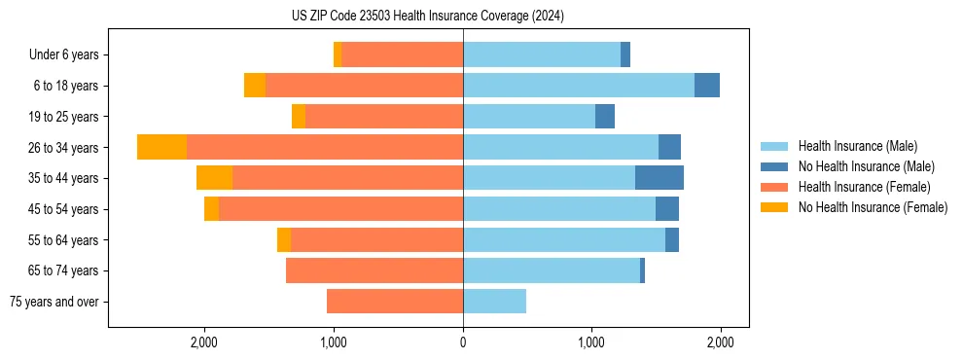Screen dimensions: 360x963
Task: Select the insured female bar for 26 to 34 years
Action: [325, 147]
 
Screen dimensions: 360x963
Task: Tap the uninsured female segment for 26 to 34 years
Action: [161, 147]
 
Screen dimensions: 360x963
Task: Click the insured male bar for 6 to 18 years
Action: [579, 86]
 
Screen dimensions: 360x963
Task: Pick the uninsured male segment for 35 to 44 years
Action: [660, 178]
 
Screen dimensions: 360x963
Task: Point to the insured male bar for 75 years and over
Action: [494, 302]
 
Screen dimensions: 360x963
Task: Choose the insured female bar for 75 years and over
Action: [395, 302]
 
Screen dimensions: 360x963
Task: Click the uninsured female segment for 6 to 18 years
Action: [255, 86]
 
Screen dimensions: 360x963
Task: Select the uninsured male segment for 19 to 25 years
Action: [605, 117]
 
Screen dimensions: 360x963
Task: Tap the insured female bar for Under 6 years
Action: [402, 54]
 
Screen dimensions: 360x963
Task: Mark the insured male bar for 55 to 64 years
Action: [564, 240]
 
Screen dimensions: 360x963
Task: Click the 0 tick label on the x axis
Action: [463, 342]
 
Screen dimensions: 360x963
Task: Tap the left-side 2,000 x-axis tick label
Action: [204, 342]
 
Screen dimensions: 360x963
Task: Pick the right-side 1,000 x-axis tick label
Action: [591, 342]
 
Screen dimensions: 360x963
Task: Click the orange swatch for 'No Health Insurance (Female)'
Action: [774, 207]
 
